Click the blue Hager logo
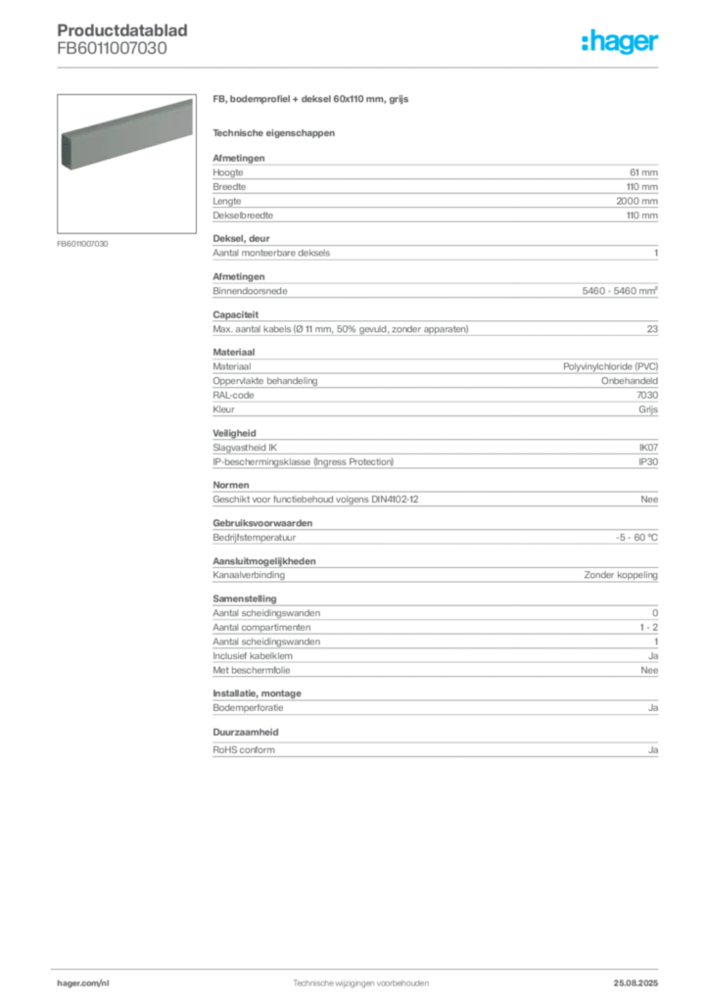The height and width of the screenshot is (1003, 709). pyautogui.click(x=621, y=44)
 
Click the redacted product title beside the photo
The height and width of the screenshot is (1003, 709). pyautogui.click(x=312, y=101)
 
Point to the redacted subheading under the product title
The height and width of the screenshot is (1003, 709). pyautogui.click(x=274, y=132)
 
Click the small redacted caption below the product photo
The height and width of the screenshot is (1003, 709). pyautogui.click(x=82, y=243)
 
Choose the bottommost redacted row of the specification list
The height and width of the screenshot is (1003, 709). pyautogui.click(x=435, y=749)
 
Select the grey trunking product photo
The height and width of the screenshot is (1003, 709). pyautogui.click(x=125, y=135)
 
